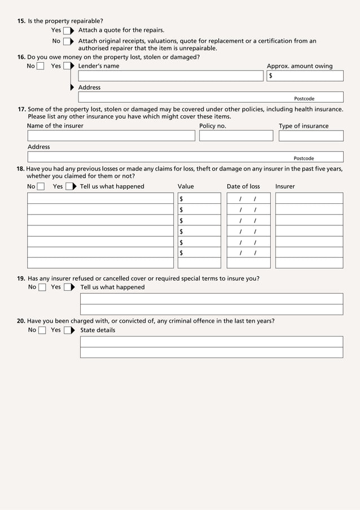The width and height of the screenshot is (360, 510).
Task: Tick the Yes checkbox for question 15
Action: (x=67, y=30)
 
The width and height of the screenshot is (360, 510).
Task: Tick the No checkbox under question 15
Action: (x=67, y=41)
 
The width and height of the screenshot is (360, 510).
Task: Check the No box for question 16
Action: (x=40, y=66)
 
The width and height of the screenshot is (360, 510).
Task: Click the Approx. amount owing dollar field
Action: (x=305, y=76)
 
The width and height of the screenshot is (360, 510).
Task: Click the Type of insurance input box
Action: (x=310, y=136)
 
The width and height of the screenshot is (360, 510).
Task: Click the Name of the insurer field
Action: (x=111, y=136)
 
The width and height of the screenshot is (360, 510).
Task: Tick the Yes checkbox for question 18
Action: (x=69, y=187)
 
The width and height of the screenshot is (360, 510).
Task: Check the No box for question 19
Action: (x=42, y=287)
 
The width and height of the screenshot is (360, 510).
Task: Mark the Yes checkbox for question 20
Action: (x=68, y=330)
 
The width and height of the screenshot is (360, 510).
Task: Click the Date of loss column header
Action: (x=243, y=186)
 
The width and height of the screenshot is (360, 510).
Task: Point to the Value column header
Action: (x=186, y=186)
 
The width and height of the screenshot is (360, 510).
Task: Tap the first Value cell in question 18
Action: (x=199, y=198)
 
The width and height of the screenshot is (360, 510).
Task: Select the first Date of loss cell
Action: (x=248, y=198)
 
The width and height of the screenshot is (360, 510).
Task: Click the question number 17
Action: (x=21, y=109)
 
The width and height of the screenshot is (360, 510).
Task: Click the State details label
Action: (x=98, y=330)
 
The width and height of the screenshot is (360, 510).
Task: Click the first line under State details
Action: (x=211, y=342)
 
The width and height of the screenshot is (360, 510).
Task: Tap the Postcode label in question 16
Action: (x=304, y=98)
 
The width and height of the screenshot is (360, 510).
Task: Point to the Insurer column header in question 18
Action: (x=285, y=186)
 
